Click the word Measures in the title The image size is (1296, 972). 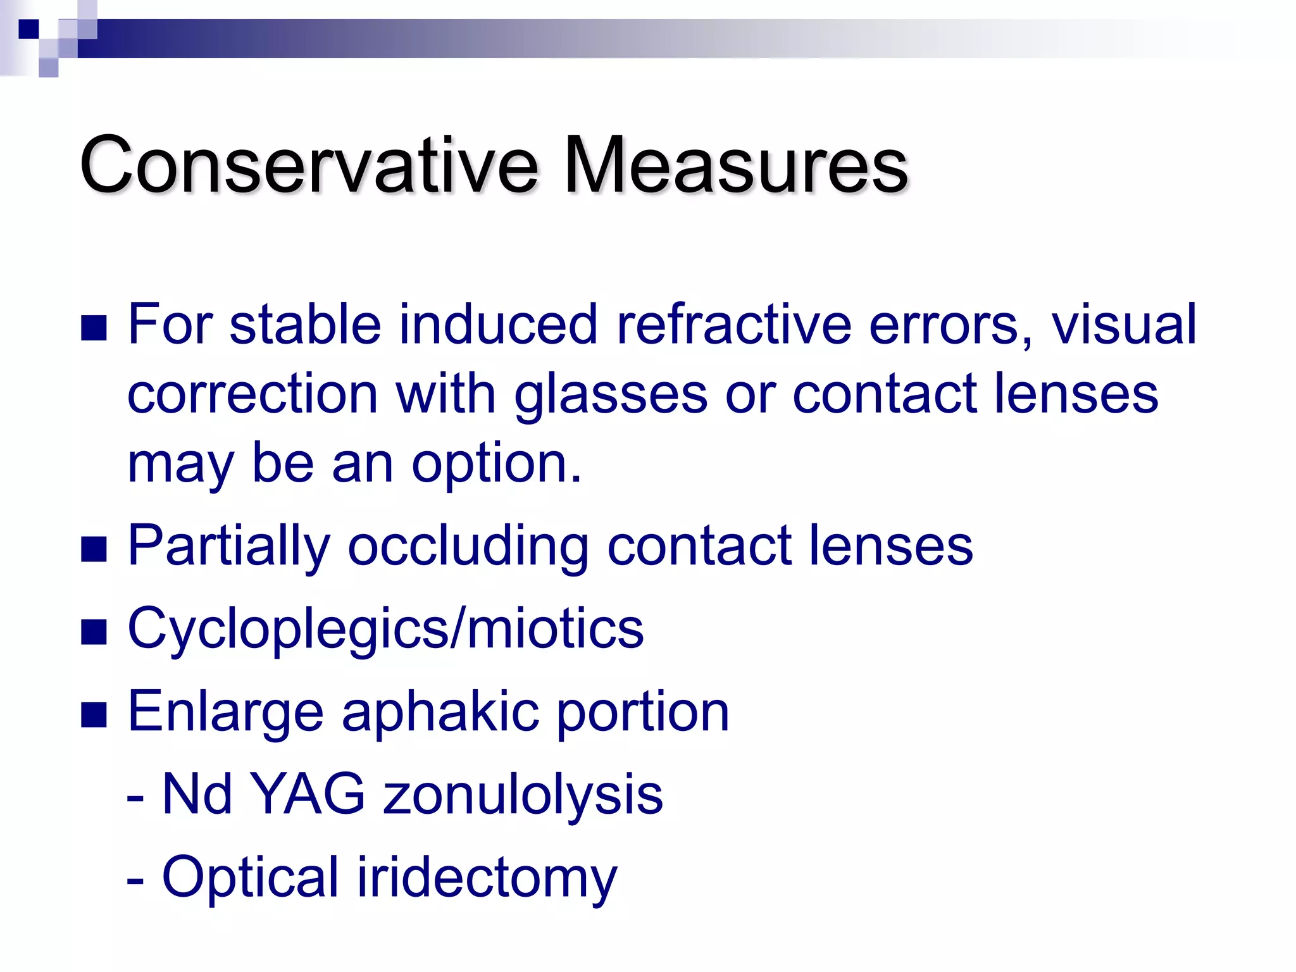point(735,166)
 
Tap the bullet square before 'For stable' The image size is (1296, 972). point(94,328)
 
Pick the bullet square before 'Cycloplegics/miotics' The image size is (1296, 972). point(94,632)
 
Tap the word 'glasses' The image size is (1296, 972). point(610,396)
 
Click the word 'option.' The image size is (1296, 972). point(496,464)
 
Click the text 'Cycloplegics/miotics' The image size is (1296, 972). point(385,629)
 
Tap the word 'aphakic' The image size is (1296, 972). point(440,713)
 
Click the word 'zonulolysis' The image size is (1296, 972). point(523,795)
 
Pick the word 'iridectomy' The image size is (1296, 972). point(487,878)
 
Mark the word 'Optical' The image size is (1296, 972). point(251,878)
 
